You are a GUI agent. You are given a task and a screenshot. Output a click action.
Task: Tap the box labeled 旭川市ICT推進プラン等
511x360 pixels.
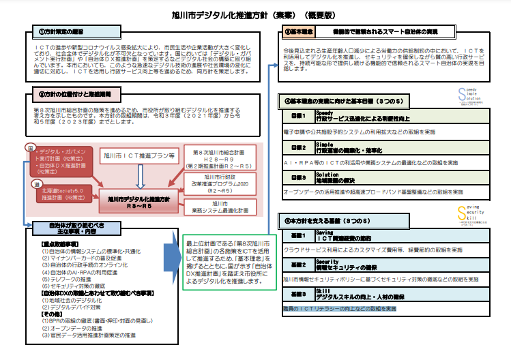[139, 155]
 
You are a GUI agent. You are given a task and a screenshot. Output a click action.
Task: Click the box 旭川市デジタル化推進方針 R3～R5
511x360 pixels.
[139, 202]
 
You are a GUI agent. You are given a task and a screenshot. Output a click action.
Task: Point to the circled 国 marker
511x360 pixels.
[30, 147]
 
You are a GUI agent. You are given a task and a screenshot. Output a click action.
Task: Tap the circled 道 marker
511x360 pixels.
[30, 185]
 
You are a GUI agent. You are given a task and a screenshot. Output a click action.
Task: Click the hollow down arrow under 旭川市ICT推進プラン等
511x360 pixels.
[139, 176]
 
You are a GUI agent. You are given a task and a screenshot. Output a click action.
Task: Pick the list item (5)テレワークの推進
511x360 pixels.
[71, 279]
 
